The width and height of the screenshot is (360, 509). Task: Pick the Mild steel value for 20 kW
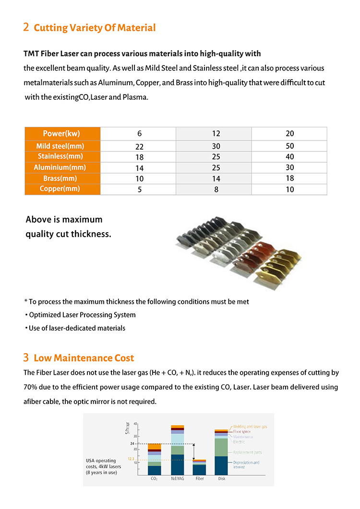click(x=289, y=146)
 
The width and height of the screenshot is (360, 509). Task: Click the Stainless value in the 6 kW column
click(x=139, y=157)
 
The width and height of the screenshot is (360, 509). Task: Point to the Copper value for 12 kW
click(x=216, y=189)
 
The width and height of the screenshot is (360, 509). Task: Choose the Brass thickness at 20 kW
click(x=289, y=178)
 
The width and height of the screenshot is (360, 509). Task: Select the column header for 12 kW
click(x=216, y=133)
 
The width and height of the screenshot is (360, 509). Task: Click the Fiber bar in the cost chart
click(x=199, y=468)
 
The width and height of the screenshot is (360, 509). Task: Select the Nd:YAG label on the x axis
click(x=177, y=478)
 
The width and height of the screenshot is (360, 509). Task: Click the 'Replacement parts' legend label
click(x=247, y=452)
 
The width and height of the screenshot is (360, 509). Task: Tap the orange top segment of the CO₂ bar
click(x=154, y=447)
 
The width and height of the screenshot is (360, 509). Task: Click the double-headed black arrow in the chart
click(x=194, y=451)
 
